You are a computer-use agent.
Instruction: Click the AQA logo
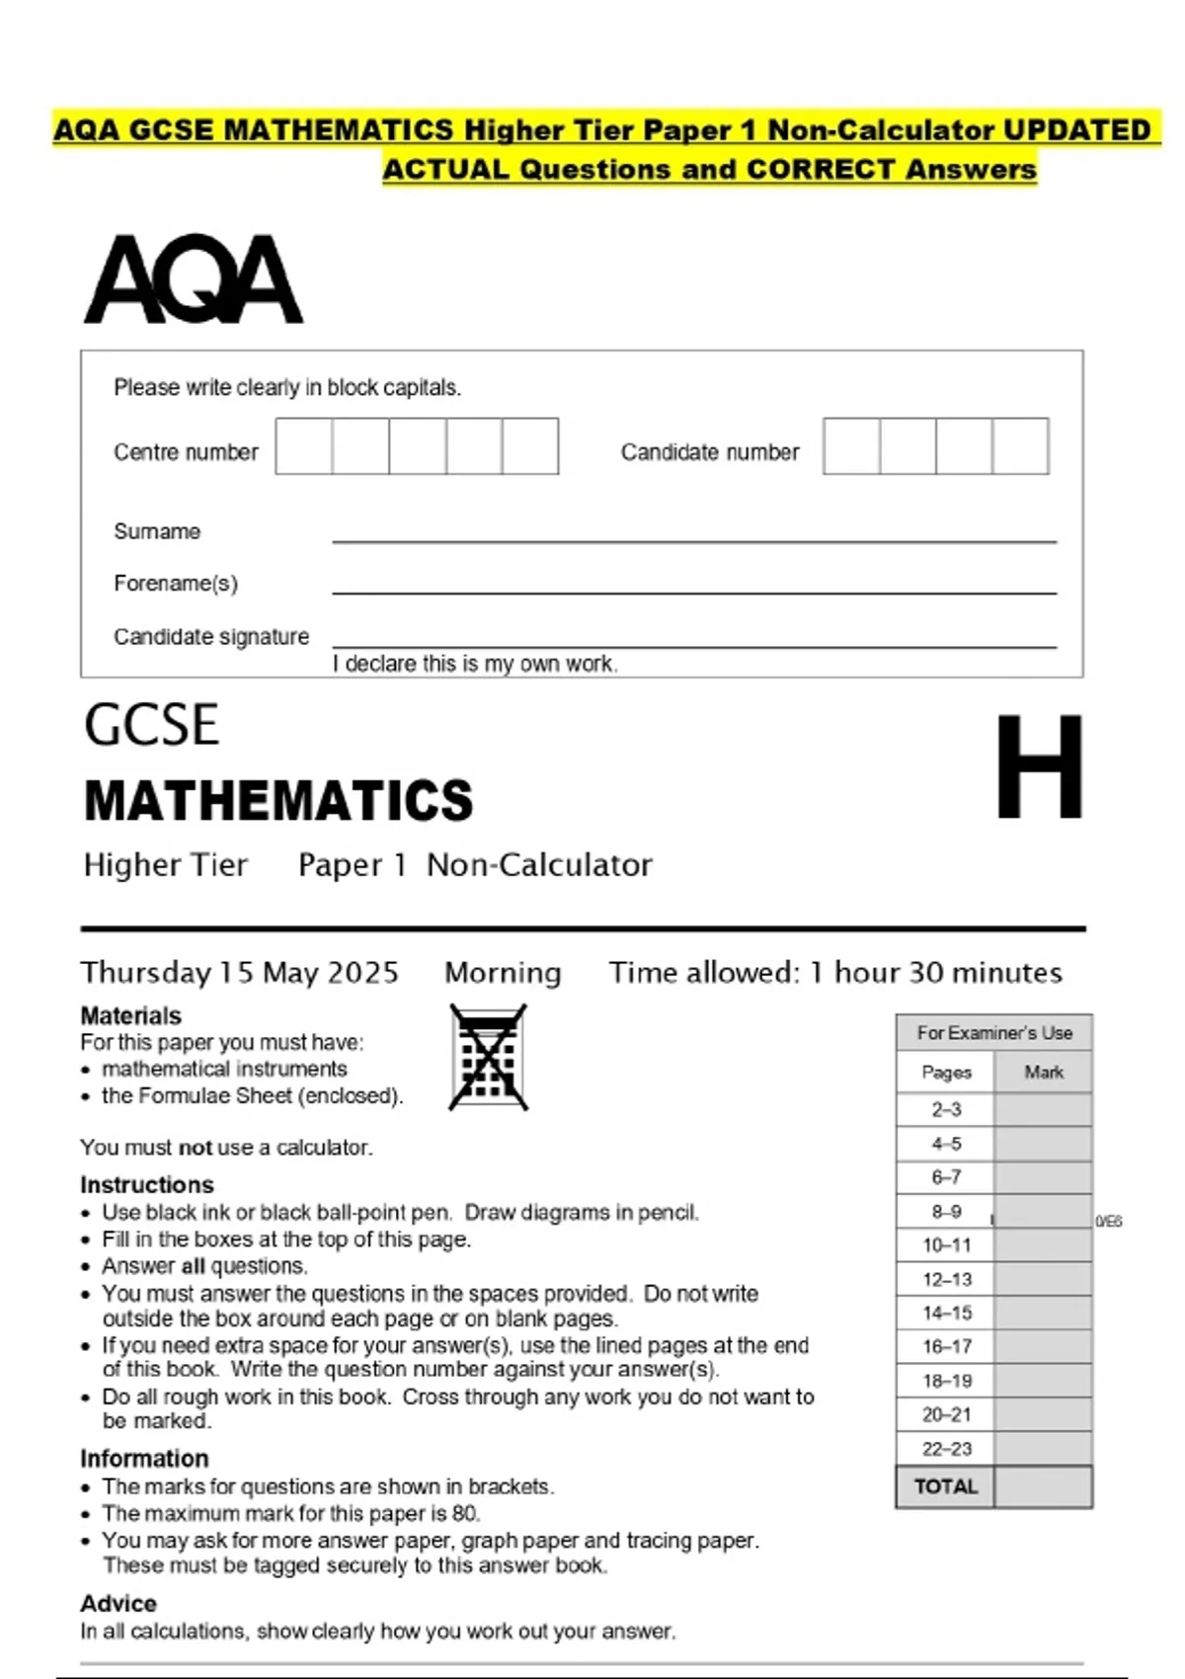[x=194, y=280]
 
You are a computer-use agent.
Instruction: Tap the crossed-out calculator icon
[x=488, y=1058]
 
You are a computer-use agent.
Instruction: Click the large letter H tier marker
[x=1039, y=767]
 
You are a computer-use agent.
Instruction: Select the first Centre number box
[x=304, y=446]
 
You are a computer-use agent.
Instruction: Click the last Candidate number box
[x=1020, y=446]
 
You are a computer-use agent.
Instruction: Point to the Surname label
[x=157, y=531]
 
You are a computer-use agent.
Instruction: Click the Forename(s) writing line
[x=693, y=591]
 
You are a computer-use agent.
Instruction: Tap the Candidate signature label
[x=211, y=637]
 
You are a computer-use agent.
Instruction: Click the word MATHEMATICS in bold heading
[x=278, y=801]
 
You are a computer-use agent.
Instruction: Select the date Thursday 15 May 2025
[x=240, y=973]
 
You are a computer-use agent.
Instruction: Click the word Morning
[x=503, y=973]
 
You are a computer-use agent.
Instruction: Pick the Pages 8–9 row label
[x=946, y=1212]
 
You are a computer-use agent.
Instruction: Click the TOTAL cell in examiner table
[x=946, y=1486]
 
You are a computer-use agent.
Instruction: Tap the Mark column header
[x=1043, y=1073]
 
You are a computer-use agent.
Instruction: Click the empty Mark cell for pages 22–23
[x=1043, y=1449]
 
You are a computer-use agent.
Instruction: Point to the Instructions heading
[x=147, y=1185]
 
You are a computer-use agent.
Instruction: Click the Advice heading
[x=118, y=1603]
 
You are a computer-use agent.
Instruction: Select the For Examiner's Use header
[x=993, y=1033]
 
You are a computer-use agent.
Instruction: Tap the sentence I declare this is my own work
[x=475, y=664]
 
